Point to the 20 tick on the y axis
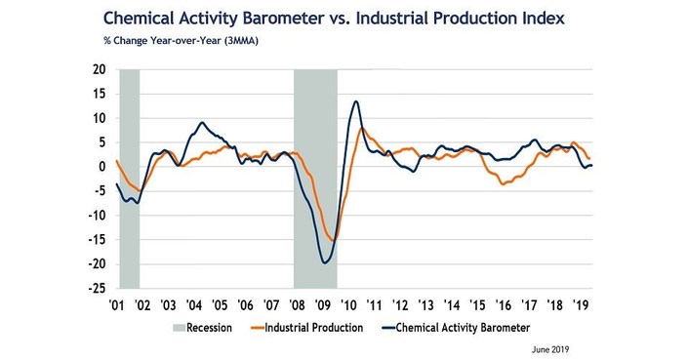(x=99, y=69)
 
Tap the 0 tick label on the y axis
(x=102, y=167)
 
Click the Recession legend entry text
(x=209, y=327)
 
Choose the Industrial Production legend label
(x=317, y=327)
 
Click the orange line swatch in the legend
(x=256, y=327)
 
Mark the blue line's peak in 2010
(x=355, y=101)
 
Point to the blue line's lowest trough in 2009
(x=324, y=262)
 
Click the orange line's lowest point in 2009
(x=333, y=240)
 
